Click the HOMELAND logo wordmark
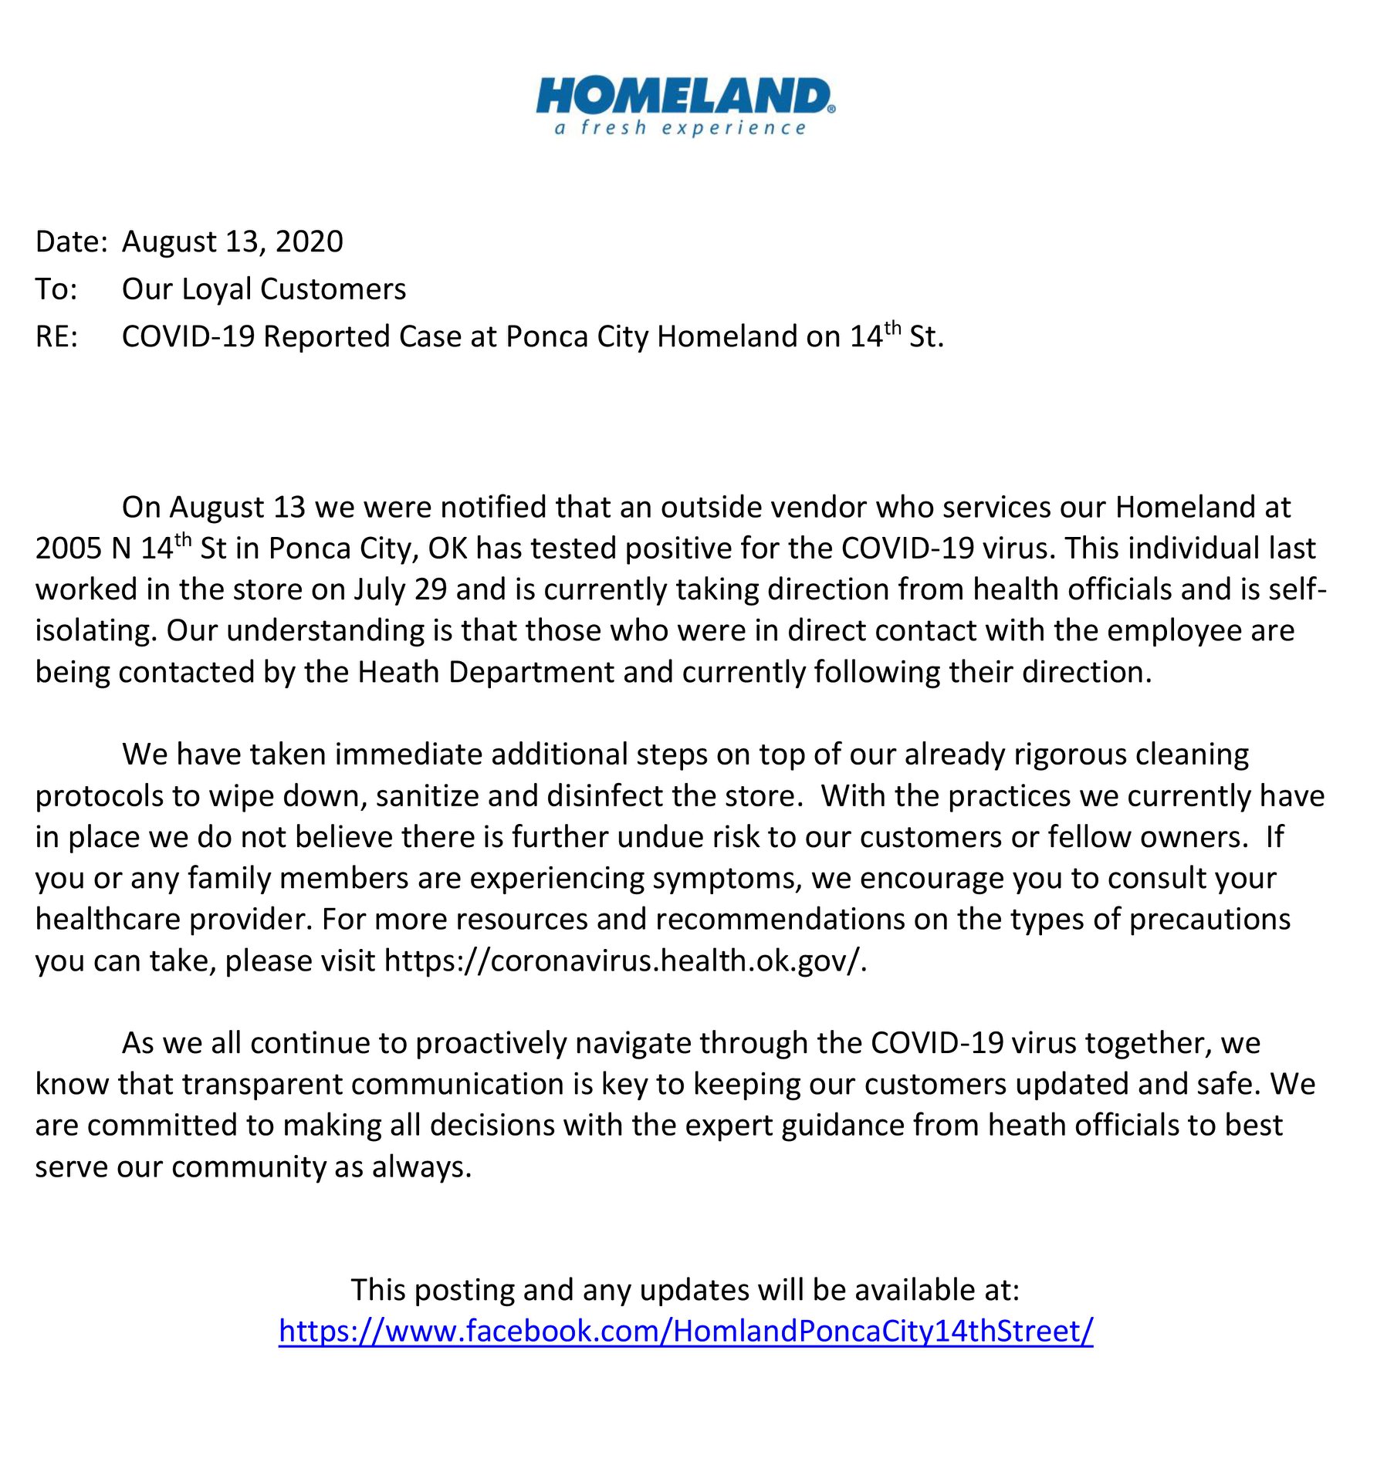click(x=684, y=96)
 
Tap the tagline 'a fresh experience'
click(x=680, y=128)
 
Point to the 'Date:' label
click(x=71, y=242)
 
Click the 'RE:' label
click(x=56, y=337)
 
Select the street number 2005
click(x=69, y=549)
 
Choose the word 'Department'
click(x=531, y=673)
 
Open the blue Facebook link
click(x=685, y=1332)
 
